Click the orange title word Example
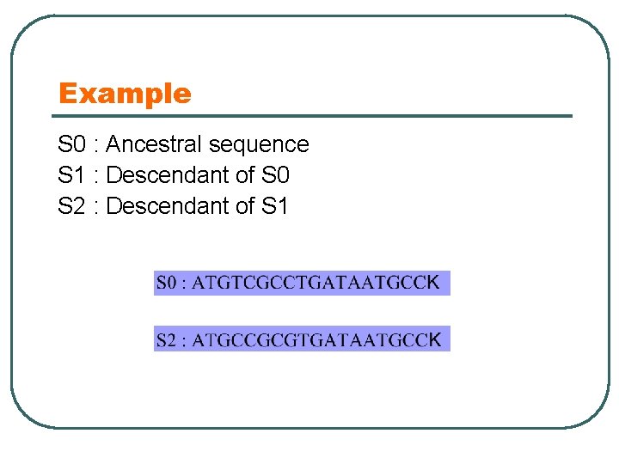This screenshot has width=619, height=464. (125, 93)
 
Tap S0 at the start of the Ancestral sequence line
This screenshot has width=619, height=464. (72, 144)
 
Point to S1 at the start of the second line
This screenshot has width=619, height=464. (72, 175)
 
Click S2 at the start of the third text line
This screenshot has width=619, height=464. (72, 206)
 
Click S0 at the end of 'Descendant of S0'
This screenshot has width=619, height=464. (274, 175)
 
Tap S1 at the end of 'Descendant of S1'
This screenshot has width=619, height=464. (274, 206)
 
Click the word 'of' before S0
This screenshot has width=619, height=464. (244, 175)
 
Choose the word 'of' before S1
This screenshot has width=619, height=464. (244, 206)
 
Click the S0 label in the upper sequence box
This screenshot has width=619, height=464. (168, 283)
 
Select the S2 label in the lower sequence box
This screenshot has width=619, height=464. (168, 339)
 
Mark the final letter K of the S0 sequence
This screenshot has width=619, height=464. (434, 282)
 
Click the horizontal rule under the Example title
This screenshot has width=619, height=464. (315, 116)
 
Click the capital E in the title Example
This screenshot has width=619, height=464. (66, 93)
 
